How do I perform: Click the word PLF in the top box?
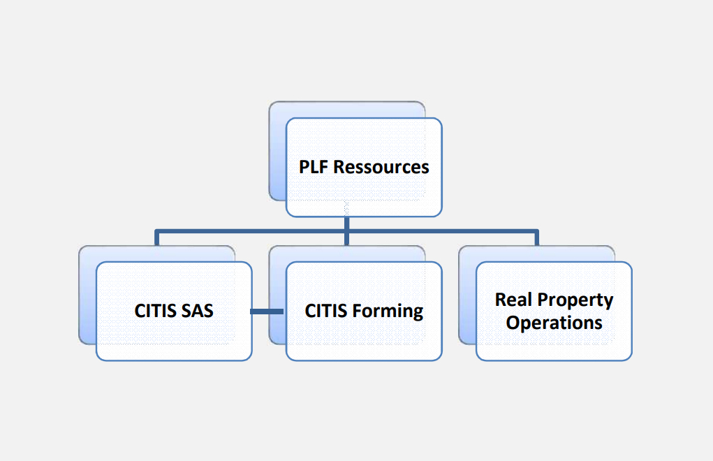(x=314, y=167)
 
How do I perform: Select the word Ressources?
(x=381, y=167)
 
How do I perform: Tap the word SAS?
(x=197, y=311)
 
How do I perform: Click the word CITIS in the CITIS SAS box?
(x=154, y=311)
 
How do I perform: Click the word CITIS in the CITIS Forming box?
(x=325, y=311)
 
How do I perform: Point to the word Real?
(x=513, y=300)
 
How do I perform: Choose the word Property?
(x=575, y=301)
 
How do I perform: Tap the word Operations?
(x=554, y=323)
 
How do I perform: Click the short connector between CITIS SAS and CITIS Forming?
(x=267, y=312)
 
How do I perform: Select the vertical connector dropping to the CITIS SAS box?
(x=157, y=237)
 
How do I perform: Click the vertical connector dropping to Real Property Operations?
(x=536, y=237)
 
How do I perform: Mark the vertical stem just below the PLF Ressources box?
(x=346, y=223)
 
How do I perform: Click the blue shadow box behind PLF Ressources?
(x=277, y=151)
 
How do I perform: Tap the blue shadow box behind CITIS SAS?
(x=87, y=295)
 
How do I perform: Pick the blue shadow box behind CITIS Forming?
(x=277, y=295)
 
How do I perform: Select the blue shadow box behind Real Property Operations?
(x=467, y=295)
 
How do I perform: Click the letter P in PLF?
(x=304, y=167)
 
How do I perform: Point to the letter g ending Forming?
(x=418, y=314)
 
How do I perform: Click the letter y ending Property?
(x=608, y=302)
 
